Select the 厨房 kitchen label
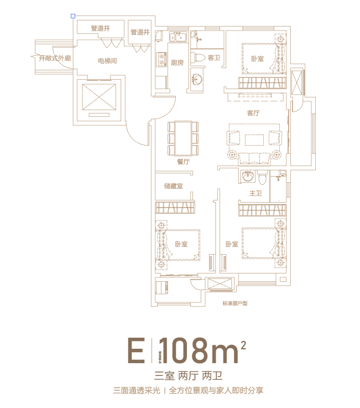(177, 62)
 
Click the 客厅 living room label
(253, 113)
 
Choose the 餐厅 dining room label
(183, 162)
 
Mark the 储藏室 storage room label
(173, 186)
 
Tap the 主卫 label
(255, 193)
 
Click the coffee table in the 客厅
(257, 137)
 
